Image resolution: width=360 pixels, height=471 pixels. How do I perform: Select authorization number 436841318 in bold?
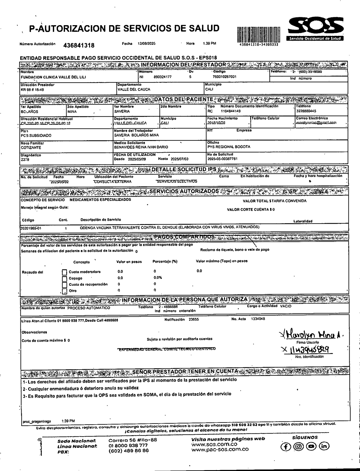(x=79, y=45)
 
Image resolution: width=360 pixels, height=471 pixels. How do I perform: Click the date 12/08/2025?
(x=146, y=44)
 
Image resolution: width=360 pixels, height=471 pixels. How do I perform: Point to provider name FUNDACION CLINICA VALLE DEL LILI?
(x=53, y=77)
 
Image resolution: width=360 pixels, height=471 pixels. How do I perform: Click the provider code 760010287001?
(x=225, y=77)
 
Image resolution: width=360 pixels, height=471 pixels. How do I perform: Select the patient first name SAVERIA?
(x=122, y=112)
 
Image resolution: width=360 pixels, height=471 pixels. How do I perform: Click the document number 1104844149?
(x=230, y=111)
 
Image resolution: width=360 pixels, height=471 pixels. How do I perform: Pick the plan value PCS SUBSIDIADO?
(x=36, y=136)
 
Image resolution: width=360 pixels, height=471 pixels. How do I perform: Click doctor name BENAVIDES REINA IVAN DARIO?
(x=141, y=147)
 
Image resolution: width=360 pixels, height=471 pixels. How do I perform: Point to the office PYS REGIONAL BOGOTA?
(x=229, y=147)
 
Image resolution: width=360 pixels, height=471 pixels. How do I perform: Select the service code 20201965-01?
(x=31, y=228)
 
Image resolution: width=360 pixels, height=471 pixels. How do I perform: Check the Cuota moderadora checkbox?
(x=64, y=272)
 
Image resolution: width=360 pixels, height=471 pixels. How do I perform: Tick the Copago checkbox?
(x=64, y=279)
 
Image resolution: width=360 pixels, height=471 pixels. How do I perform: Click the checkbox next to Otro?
(x=64, y=291)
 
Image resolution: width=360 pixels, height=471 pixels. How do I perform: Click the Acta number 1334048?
(x=258, y=319)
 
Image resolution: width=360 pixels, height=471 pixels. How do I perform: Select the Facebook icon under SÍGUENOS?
(x=285, y=446)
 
